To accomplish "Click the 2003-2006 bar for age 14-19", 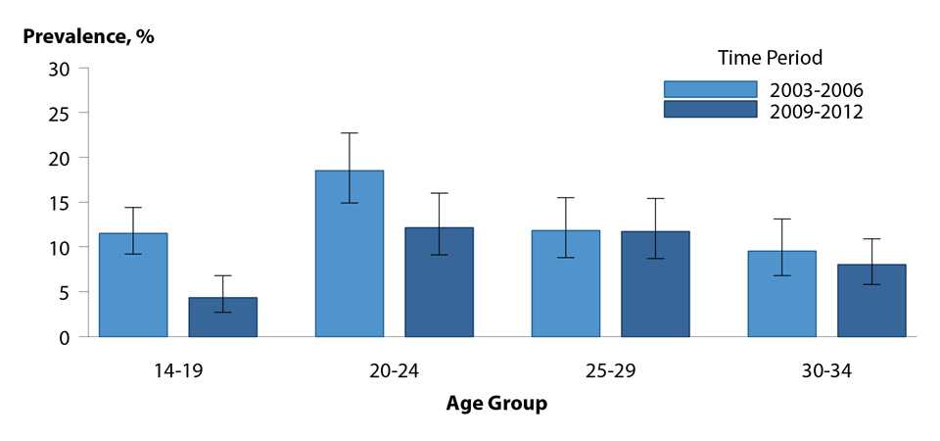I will [x=133, y=285].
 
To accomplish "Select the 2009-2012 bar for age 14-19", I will [x=222, y=318].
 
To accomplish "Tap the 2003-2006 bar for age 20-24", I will [x=350, y=254].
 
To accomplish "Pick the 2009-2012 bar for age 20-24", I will [x=439, y=282].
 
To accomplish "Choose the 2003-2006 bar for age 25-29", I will [x=566, y=284].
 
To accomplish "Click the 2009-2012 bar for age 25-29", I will [x=655, y=284].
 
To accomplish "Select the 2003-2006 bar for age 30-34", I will [x=782, y=294].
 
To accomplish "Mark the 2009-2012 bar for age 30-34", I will [x=871, y=301].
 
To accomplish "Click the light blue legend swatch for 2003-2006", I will [x=710, y=90].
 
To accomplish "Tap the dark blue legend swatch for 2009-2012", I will [x=710, y=110].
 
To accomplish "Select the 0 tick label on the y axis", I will [x=66, y=337].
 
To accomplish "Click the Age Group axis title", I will [x=496, y=403].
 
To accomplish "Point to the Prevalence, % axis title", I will [x=89, y=36].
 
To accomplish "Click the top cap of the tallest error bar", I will [x=350, y=133].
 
